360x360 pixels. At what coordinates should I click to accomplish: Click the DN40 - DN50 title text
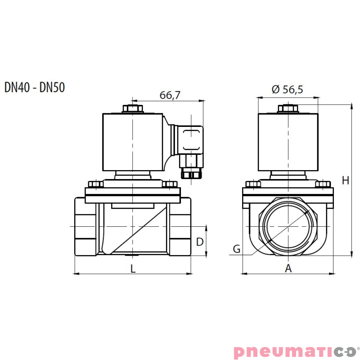point(35,87)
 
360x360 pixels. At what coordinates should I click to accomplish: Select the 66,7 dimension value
point(170,95)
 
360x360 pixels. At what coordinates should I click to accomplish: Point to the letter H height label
point(345,180)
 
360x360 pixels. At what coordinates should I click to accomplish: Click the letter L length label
point(133,269)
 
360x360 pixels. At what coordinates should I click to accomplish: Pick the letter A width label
point(288,269)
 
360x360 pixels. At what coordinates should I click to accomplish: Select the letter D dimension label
point(200,242)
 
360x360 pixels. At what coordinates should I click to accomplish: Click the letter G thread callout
point(237,248)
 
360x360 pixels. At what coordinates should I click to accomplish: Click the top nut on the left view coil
point(133,108)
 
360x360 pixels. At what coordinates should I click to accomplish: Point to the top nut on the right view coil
point(288,108)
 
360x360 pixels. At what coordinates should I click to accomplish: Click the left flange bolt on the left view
point(95,184)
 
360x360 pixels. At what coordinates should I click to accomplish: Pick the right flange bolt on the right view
point(324,184)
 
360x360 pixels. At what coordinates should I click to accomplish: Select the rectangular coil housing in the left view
point(133,142)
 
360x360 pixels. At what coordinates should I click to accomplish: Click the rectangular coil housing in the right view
point(288,142)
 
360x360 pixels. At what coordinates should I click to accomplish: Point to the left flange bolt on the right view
point(253,184)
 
